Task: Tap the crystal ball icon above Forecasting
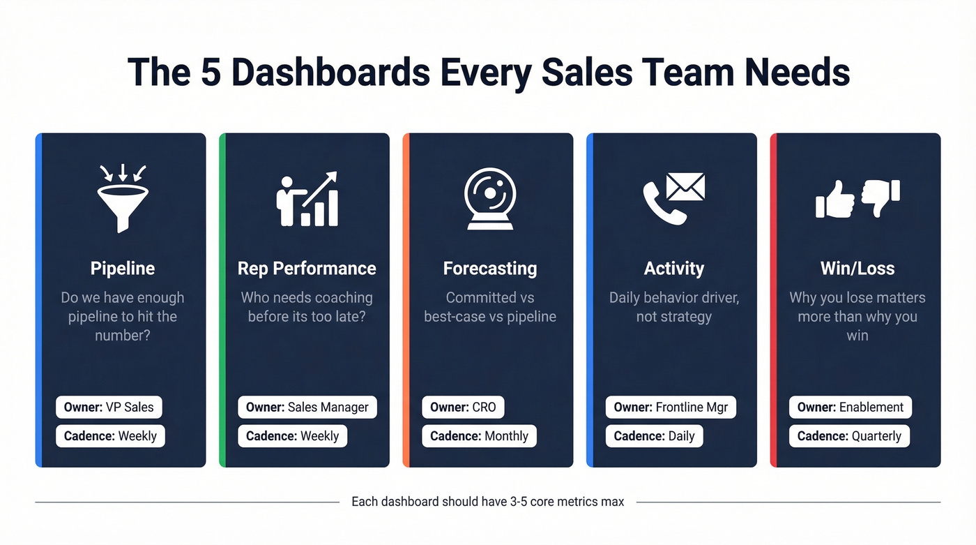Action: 490,199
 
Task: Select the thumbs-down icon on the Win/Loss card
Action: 880,197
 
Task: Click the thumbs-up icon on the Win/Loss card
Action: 835,200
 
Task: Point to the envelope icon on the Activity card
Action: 685,186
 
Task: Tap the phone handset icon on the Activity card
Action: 659,205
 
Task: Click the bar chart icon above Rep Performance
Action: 319,207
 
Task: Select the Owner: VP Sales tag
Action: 109,408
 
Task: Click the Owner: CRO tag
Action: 463,408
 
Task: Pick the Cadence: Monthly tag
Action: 479,436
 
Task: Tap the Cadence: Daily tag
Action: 654,436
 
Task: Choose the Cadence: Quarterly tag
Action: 849,436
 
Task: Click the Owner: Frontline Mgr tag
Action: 671,408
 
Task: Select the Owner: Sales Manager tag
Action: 307,408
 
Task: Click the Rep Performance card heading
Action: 307,269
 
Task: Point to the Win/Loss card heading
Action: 857,269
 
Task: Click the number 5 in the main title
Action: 211,73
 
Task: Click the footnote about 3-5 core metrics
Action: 487,502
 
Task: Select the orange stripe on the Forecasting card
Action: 406,300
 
